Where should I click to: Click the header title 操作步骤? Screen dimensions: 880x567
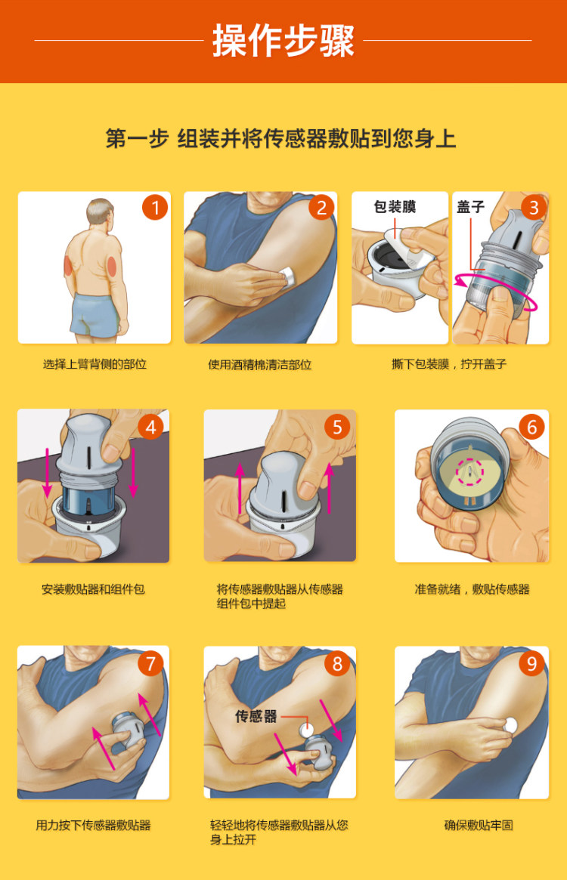coord(283,41)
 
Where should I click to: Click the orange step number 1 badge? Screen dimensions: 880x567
coord(155,207)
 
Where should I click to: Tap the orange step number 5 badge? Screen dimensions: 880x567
coord(337,427)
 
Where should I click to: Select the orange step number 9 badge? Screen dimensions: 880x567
coord(532,663)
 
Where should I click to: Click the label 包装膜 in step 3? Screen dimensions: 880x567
coord(395,207)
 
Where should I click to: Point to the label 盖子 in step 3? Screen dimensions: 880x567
coord(470,207)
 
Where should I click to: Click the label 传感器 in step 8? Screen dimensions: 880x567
coord(256,716)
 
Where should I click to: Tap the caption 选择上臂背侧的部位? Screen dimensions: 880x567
coord(94,364)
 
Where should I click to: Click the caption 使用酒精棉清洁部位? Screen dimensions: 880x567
coord(260,364)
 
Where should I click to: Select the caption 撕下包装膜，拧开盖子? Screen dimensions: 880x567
coord(449,364)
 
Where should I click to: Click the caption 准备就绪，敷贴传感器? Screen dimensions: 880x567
coord(472,589)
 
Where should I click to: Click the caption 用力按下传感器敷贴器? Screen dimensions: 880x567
coord(94,825)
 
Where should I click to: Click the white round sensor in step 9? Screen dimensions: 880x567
coord(511,724)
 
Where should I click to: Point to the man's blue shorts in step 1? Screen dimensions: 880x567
coord(95,314)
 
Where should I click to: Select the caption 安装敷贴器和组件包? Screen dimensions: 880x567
coord(93,589)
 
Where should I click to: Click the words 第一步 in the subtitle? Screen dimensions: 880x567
coord(137,139)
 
